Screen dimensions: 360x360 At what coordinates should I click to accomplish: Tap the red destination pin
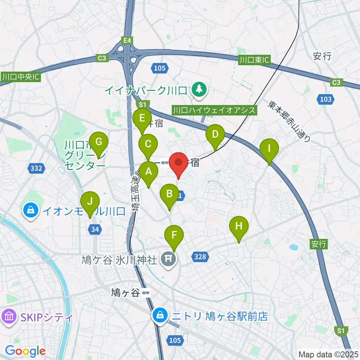(178, 164)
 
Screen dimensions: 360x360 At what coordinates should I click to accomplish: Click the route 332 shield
(36, 168)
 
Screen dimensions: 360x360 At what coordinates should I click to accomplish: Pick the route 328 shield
(200, 256)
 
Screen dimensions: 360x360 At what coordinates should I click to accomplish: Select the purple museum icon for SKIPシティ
(9, 318)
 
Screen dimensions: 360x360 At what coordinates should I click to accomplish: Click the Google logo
(25, 351)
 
